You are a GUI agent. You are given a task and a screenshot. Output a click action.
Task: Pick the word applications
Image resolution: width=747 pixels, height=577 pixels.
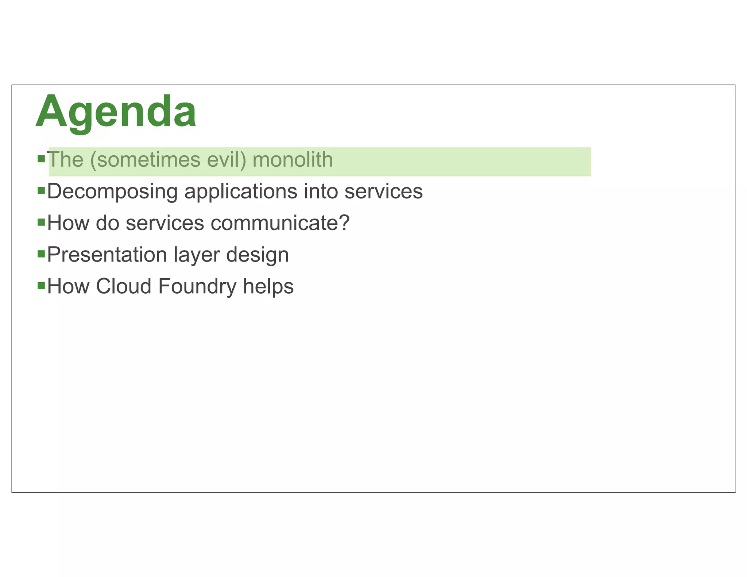(x=241, y=191)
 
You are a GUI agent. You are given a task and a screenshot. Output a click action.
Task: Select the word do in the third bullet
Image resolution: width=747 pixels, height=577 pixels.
(x=108, y=223)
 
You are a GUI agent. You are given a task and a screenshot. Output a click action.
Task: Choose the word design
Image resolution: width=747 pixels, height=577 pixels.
(x=258, y=255)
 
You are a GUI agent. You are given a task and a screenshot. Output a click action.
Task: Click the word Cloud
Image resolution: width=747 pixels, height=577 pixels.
(x=124, y=286)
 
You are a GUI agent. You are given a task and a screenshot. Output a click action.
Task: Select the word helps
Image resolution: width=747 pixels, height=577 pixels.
(x=268, y=286)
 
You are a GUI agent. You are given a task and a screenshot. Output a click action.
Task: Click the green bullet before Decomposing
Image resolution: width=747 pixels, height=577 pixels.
(x=41, y=190)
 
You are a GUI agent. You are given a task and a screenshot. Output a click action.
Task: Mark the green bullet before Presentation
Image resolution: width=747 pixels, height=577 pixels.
(x=41, y=253)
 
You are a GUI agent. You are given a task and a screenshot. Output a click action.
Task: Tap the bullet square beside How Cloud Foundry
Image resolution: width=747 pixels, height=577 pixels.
(x=41, y=285)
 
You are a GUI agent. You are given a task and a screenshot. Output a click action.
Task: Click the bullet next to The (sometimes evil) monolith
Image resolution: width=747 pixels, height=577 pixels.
(x=41, y=159)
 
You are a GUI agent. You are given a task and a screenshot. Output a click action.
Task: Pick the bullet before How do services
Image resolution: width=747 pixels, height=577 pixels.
(x=41, y=222)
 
